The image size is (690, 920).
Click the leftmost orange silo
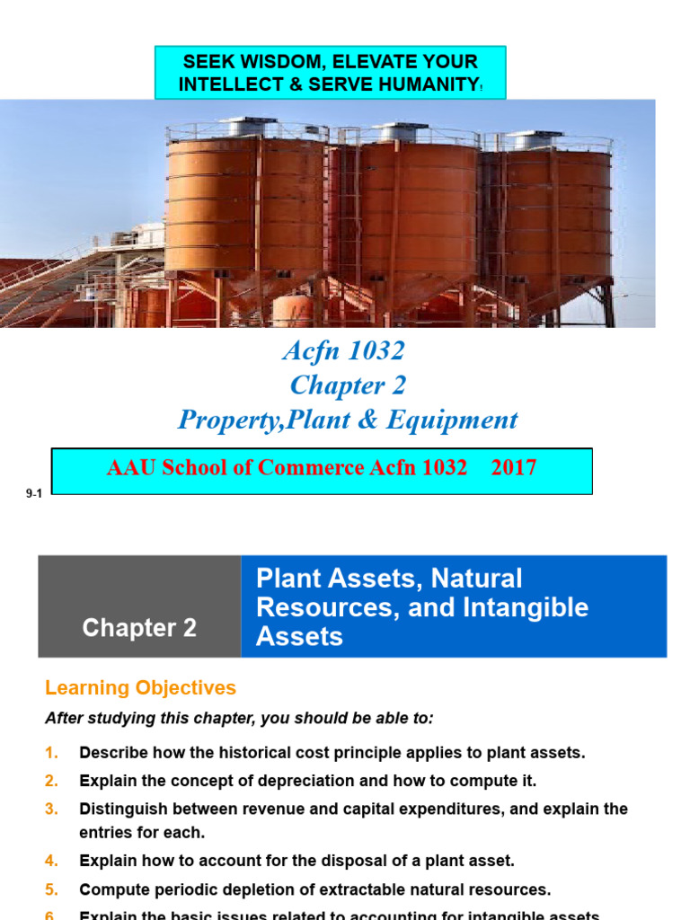tap(244, 207)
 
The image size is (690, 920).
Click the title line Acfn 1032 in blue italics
tap(345, 351)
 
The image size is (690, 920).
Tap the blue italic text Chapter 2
tap(347, 385)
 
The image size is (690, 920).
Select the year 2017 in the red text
tap(514, 467)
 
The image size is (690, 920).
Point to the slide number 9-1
tap(33, 493)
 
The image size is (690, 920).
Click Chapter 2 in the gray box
tap(139, 628)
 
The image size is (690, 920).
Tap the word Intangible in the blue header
tap(531, 607)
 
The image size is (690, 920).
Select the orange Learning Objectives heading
tap(140, 688)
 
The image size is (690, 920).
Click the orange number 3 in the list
tap(51, 809)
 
